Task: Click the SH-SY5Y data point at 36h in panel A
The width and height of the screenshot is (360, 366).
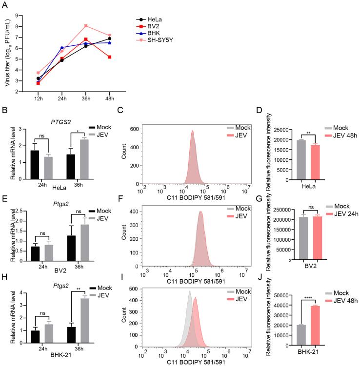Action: point(85,26)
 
